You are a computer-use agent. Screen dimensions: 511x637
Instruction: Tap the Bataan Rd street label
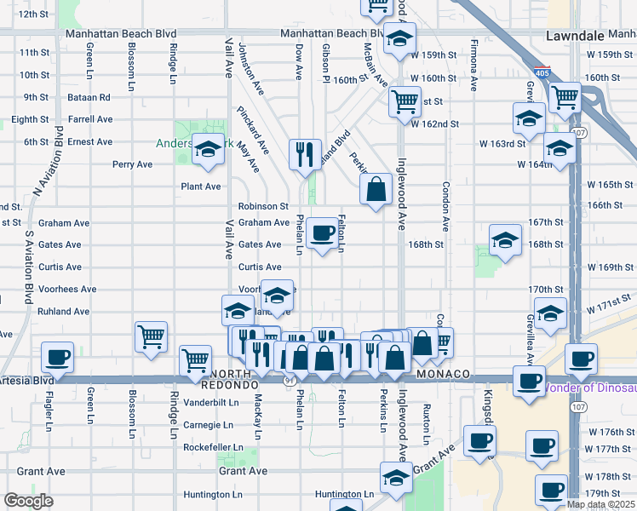pos(89,97)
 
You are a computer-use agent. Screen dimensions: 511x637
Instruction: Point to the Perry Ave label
pos(132,164)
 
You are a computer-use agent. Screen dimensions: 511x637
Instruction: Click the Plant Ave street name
pos(200,187)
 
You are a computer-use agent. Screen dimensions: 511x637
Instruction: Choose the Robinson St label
pos(263,206)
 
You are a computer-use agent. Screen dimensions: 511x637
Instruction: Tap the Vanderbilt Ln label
pos(209,402)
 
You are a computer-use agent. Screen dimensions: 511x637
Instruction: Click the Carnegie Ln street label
pos(209,424)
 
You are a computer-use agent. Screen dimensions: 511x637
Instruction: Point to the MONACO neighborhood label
pos(444,375)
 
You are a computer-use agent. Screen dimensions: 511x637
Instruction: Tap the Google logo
pos(28,501)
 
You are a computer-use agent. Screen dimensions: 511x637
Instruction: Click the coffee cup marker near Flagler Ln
pos(58,358)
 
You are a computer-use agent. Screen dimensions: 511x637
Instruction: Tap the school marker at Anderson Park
pos(207,150)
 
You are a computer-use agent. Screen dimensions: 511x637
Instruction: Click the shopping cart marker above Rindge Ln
pos(151,336)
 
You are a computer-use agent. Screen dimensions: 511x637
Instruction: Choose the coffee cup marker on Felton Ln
pos(322,233)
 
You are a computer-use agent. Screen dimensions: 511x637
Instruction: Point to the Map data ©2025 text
pos(600,504)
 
